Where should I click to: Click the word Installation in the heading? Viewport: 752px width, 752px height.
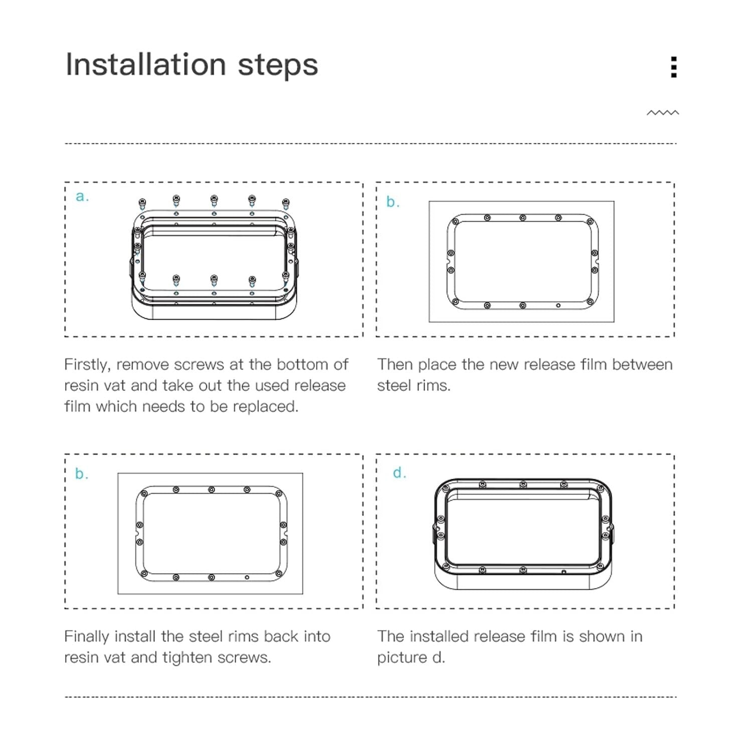(x=145, y=65)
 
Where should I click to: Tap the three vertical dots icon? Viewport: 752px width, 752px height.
(x=674, y=67)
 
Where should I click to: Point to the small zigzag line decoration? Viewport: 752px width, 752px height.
(x=662, y=113)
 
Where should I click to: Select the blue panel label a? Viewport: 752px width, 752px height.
(x=82, y=197)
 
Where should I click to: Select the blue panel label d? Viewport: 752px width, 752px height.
(x=399, y=473)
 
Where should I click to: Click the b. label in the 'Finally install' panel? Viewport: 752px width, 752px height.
(x=81, y=474)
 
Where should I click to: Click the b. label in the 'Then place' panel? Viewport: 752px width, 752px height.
(x=393, y=202)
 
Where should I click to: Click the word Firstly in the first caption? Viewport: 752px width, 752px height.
(x=87, y=364)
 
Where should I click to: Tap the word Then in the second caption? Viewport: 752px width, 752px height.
(x=395, y=364)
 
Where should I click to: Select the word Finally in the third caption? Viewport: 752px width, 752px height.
(x=87, y=636)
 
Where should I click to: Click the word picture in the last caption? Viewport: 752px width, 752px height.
(x=402, y=657)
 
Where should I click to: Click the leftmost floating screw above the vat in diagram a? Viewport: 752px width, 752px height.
(x=142, y=204)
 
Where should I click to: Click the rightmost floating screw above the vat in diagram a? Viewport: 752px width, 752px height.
(x=286, y=204)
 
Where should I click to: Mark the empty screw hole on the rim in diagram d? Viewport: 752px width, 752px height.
(x=563, y=572)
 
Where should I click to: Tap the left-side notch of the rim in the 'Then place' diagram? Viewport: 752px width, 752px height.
(x=449, y=262)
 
